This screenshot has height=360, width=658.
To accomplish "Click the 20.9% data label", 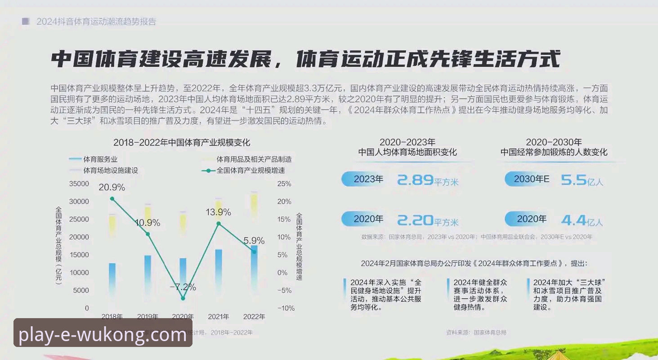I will (x=112, y=187).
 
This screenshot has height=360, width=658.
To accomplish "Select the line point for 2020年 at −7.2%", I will (x=183, y=298).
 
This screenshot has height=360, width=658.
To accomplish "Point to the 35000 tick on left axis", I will (x=79, y=184).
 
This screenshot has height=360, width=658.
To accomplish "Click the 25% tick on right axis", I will (x=284, y=184).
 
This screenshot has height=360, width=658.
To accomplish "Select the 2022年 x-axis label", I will (x=254, y=316).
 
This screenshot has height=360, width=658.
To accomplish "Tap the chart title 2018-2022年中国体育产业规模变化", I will (x=182, y=143).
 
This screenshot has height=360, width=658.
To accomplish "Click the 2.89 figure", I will (x=415, y=180).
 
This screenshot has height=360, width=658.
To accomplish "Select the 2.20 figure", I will (x=415, y=220).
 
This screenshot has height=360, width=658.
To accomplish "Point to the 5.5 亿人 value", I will (x=582, y=180).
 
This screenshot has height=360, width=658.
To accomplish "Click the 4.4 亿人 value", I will (x=582, y=220).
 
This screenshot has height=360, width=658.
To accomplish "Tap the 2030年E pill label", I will (x=531, y=179).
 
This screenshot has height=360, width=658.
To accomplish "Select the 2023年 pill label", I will (x=368, y=179).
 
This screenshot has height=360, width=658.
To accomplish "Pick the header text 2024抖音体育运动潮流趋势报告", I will (x=96, y=22).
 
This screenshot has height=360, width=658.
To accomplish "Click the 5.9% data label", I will (x=254, y=241).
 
